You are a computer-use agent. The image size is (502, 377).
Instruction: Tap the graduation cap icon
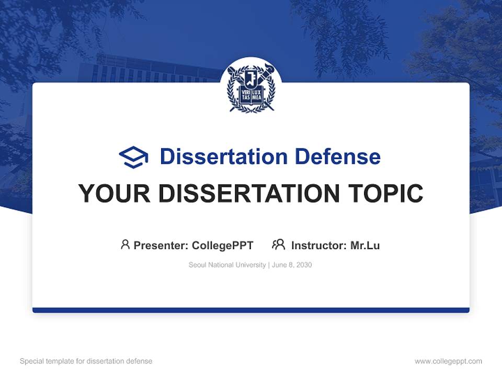[133, 157]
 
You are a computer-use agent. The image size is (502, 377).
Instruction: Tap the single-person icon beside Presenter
[125, 245]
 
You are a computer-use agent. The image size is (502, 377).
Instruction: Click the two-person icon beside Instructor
[278, 245]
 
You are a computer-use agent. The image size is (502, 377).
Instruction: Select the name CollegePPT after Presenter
[223, 245]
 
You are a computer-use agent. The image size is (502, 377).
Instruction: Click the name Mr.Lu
[365, 245]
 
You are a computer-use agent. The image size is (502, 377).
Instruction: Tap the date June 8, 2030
[292, 265]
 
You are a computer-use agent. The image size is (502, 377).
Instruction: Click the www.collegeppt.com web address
[448, 361]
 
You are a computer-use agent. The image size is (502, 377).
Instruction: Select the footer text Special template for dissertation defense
[86, 361]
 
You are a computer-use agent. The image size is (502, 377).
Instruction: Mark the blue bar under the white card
[251, 310]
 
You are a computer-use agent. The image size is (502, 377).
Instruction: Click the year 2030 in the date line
[303, 265]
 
